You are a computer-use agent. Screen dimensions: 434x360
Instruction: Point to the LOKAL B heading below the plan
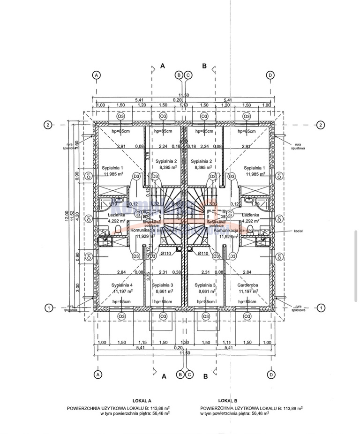[x=228, y=401]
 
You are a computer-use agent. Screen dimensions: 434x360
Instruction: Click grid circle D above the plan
[x=270, y=75]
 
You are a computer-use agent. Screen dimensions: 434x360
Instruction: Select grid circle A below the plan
[x=97, y=374]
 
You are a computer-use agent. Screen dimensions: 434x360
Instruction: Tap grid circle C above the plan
[x=187, y=75]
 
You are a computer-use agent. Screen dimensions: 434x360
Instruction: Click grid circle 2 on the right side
[x=320, y=125]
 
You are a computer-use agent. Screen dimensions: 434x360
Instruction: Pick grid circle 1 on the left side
[x=48, y=308]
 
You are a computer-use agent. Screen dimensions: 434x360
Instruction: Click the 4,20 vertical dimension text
[x=78, y=216]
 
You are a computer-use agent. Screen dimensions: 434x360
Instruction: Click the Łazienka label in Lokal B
[x=250, y=215]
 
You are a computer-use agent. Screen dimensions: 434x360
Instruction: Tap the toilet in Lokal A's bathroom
[x=118, y=230]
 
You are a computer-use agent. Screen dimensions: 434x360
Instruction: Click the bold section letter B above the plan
[x=204, y=66]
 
